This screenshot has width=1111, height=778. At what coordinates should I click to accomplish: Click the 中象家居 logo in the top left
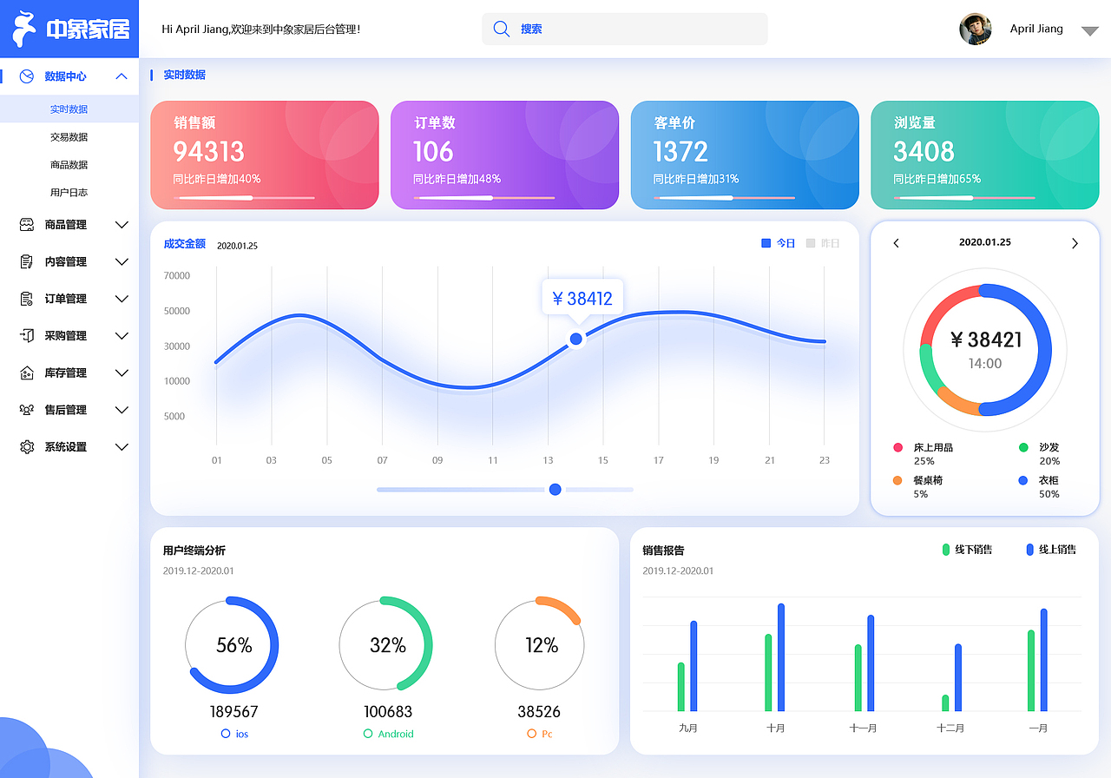[x=69, y=30]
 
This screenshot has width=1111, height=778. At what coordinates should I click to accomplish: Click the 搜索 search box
[x=625, y=29]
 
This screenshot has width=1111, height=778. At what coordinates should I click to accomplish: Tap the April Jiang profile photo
[x=976, y=29]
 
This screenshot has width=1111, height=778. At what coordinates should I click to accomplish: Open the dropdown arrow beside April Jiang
[x=1090, y=31]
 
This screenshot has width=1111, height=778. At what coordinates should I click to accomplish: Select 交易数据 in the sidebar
[x=69, y=137]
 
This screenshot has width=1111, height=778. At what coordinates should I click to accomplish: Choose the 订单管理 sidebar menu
[x=66, y=299]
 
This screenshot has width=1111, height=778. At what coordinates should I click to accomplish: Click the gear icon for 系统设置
[x=27, y=447]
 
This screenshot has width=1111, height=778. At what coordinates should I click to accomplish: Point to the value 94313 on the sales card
[x=208, y=152]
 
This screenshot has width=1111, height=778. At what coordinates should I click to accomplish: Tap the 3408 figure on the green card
[x=924, y=152]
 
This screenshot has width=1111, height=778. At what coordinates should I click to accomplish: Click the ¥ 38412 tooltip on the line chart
[x=582, y=299]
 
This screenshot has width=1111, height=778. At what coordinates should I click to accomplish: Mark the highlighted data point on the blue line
[x=575, y=340]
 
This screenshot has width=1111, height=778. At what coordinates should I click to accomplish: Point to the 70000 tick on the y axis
[x=176, y=276]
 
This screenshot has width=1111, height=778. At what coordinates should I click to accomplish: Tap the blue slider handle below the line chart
[x=555, y=490]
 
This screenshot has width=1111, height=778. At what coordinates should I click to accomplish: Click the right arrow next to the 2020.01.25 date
[x=1075, y=243]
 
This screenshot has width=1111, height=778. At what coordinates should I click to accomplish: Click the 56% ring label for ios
[x=233, y=645]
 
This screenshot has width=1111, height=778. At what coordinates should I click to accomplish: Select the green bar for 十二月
[x=945, y=702]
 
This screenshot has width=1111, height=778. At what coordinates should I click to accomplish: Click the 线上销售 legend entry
[x=1051, y=550]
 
